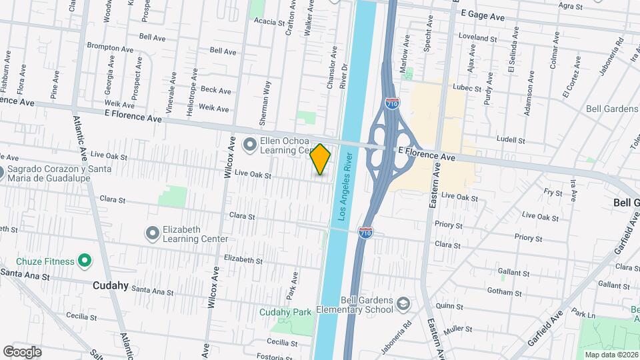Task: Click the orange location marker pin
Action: pos(321,159)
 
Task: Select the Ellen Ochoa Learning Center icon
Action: pos(249,143)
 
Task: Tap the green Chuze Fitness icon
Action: pos(85,261)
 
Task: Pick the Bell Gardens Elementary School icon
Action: pos(403,305)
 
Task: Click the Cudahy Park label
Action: pos(285,312)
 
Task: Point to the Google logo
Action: pos(22,352)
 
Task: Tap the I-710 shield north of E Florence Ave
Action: pos(392,103)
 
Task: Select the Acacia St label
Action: pos(269,21)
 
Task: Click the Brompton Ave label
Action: pos(110,48)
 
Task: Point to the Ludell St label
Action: pos(511,140)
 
